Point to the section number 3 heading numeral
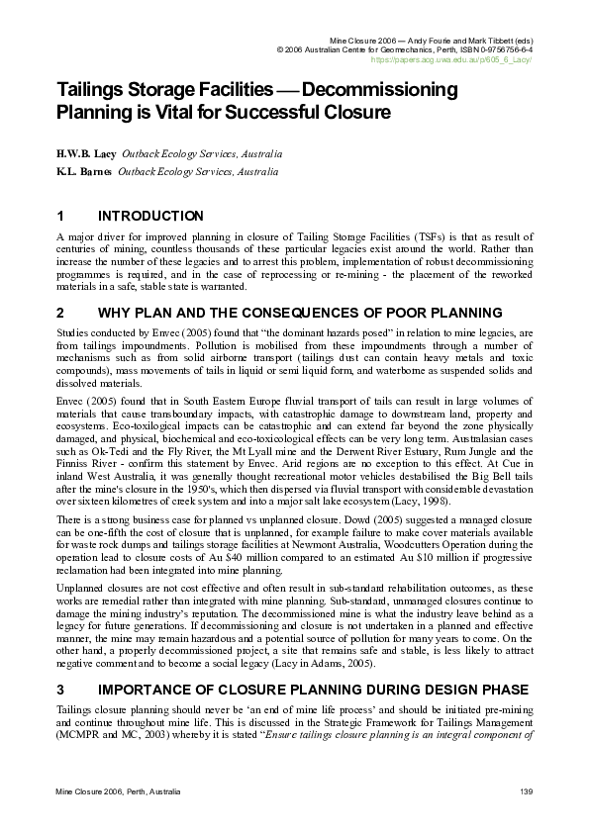click(x=60, y=689)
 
